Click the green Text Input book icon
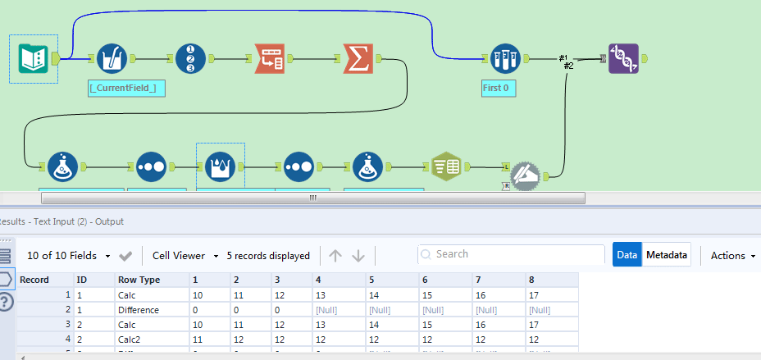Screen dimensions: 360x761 click(x=34, y=58)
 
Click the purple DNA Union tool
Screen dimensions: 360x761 click(x=623, y=58)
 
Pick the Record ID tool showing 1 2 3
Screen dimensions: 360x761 click(x=190, y=58)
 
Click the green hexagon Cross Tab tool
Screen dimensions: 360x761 click(x=447, y=166)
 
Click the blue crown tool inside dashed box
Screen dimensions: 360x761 click(x=219, y=166)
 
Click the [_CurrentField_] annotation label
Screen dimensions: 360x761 click(x=127, y=87)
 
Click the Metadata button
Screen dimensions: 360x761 click(x=666, y=255)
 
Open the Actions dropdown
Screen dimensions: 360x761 click(x=732, y=255)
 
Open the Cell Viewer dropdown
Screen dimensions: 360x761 click(x=185, y=255)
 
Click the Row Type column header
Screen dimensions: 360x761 click(x=139, y=280)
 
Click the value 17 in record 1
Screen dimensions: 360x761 click(x=537, y=295)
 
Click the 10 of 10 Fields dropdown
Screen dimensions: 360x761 click(x=68, y=255)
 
